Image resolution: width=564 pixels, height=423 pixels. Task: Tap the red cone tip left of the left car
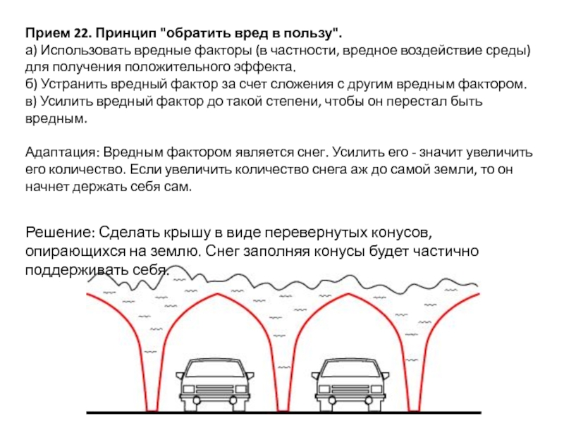coord(152,409)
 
